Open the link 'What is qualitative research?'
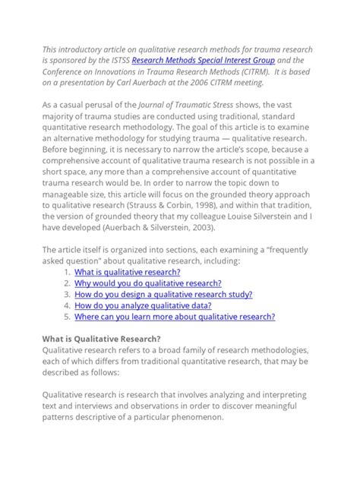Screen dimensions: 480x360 point(128,272)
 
